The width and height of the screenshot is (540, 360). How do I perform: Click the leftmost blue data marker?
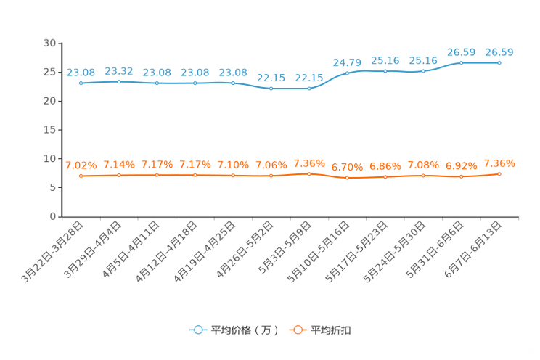click(81, 83)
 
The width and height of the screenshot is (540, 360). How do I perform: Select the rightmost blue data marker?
click(499, 63)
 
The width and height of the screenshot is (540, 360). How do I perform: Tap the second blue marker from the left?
click(119, 81)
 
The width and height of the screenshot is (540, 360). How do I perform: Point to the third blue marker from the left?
click(157, 83)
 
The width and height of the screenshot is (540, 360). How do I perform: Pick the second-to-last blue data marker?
click(461, 63)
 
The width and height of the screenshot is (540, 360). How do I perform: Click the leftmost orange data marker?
click(81, 176)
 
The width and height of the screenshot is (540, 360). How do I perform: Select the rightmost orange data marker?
click(499, 173)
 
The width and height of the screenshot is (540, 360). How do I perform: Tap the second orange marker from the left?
click(119, 175)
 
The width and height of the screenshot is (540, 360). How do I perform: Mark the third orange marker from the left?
click(157, 175)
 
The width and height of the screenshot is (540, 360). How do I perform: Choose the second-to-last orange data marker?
click(461, 176)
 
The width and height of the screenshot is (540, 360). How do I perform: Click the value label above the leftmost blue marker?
click(81, 72)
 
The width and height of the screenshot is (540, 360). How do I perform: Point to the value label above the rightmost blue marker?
click(499, 52)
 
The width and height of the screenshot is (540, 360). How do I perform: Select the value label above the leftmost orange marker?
click(81, 165)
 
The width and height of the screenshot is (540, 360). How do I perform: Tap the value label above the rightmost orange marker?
click(499, 163)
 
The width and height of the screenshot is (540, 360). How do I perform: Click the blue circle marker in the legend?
click(198, 330)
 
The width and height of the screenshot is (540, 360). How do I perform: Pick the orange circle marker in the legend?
click(298, 330)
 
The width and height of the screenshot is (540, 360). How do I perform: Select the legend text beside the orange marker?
click(332, 330)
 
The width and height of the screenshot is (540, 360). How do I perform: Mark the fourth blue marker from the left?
click(195, 83)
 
